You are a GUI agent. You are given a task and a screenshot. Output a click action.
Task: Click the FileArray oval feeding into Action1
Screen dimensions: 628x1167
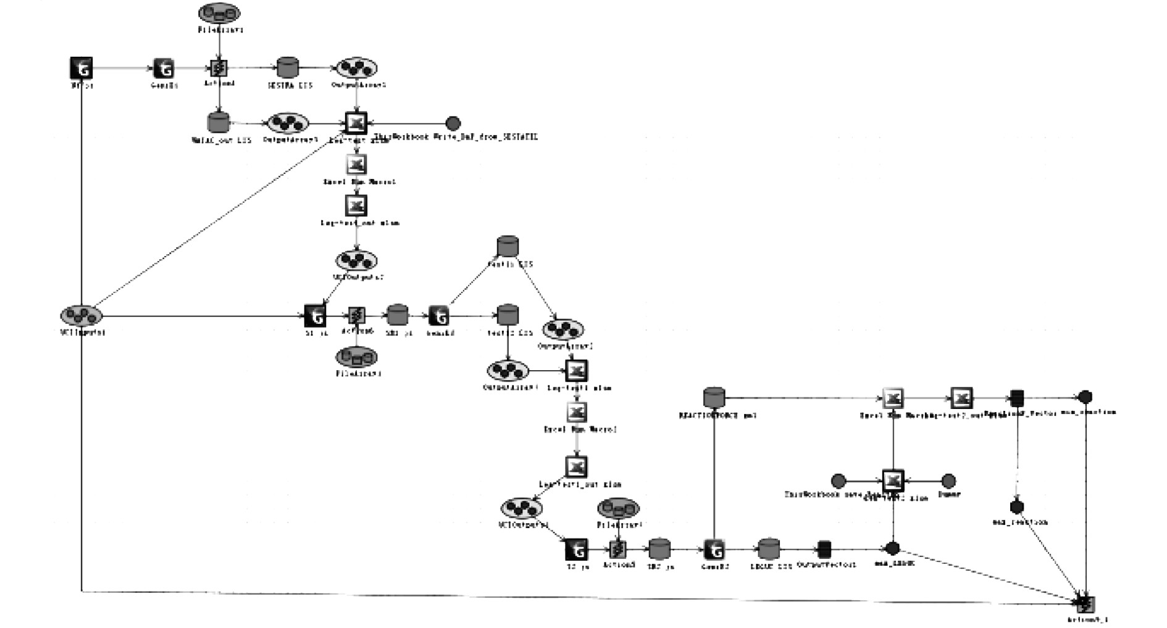pyautogui.click(x=219, y=13)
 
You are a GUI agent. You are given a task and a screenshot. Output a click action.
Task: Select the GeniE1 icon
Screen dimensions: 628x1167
pyautogui.click(x=163, y=68)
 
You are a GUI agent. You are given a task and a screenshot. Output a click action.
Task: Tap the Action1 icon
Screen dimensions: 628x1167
pyautogui.click(x=219, y=68)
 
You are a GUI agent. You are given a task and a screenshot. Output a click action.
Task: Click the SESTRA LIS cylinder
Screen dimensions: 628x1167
pyautogui.click(x=287, y=67)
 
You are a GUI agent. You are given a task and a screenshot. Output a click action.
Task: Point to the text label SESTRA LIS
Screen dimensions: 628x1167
pyautogui.click(x=290, y=85)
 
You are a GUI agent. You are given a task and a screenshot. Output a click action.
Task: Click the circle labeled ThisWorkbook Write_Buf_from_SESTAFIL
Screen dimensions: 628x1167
pyautogui.click(x=453, y=123)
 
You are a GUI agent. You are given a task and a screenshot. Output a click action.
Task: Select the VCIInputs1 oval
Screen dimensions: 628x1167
pyautogui.click(x=82, y=316)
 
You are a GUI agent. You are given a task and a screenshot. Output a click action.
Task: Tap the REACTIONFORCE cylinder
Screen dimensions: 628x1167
pyautogui.click(x=714, y=397)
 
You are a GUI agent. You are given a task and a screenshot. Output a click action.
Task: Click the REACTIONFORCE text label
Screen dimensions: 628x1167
pyautogui.click(x=717, y=415)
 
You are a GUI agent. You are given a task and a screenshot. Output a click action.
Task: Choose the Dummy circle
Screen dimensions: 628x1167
pyautogui.click(x=948, y=481)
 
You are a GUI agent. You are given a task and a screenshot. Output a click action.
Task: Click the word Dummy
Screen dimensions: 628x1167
pyautogui.click(x=949, y=494)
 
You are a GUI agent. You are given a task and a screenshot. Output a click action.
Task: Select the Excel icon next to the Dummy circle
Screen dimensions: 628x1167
pyautogui.click(x=893, y=481)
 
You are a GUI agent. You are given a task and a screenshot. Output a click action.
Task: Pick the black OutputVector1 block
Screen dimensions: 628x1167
pyautogui.click(x=824, y=548)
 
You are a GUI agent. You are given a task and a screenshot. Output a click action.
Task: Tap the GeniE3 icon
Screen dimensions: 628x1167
pyautogui.click(x=714, y=548)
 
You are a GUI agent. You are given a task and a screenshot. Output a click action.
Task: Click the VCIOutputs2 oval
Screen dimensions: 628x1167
pyautogui.click(x=356, y=260)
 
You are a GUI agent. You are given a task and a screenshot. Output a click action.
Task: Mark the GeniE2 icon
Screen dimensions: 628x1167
pyautogui.click(x=438, y=316)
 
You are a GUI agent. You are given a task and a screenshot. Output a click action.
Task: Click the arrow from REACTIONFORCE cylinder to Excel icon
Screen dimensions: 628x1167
pyautogui.click(x=803, y=398)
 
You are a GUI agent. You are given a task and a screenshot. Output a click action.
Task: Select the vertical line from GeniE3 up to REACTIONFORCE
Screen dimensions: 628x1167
pyautogui.click(x=714, y=475)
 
